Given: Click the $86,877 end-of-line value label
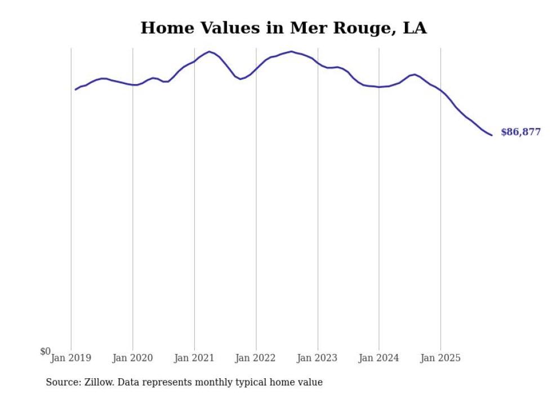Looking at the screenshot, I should (520, 132).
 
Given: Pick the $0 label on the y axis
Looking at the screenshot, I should (45, 352).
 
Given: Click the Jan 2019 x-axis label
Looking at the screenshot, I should (71, 358).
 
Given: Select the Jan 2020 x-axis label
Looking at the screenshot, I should (133, 358).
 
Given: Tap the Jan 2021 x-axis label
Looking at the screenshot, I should (194, 358).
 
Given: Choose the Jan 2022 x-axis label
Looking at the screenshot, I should (256, 358).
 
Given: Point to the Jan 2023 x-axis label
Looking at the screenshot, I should (318, 358).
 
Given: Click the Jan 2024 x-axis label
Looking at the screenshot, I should (379, 358).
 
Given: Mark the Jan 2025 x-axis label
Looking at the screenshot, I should (440, 358).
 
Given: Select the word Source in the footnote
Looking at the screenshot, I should (63, 382).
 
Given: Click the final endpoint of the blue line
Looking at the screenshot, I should (492, 135).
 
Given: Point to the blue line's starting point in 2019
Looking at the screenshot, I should (75, 90).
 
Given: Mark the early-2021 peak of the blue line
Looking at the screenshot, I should (210, 52).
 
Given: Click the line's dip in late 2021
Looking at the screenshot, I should (241, 79).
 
